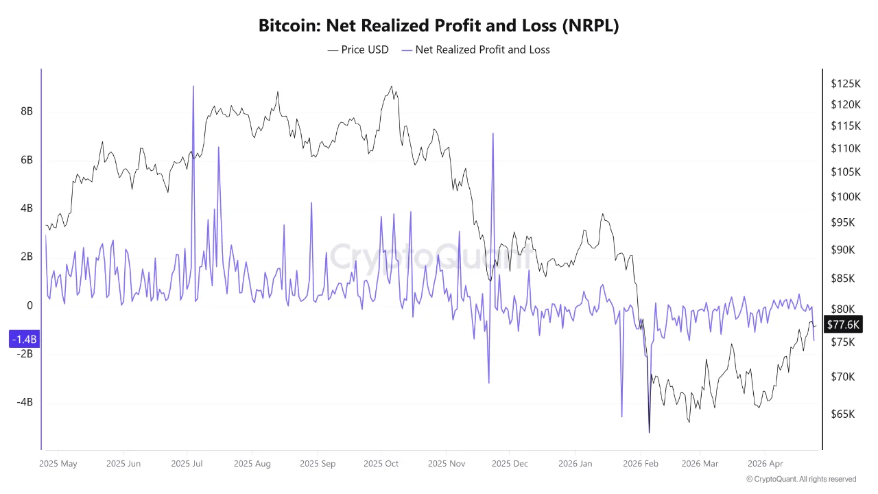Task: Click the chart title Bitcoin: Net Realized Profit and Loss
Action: coord(439,25)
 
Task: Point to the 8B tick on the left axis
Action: coord(26,112)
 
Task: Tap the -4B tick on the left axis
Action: coord(24,402)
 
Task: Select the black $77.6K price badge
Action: coord(843,325)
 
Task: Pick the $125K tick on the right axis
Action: coord(845,84)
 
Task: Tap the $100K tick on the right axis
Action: coord(845,197)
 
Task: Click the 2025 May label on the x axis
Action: coord(58,464)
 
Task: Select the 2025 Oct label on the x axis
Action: coord(381,464)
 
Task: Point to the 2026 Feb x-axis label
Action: coord(641,464)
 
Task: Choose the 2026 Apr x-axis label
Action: coord(765,464)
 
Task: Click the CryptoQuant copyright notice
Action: coord(801,479)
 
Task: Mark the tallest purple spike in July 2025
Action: coord(193,86)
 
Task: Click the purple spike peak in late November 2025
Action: coord(493,134)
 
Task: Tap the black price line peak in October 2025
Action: coord(391,86)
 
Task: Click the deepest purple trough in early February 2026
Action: coord(649,432)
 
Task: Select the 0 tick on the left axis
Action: coord(29,306)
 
